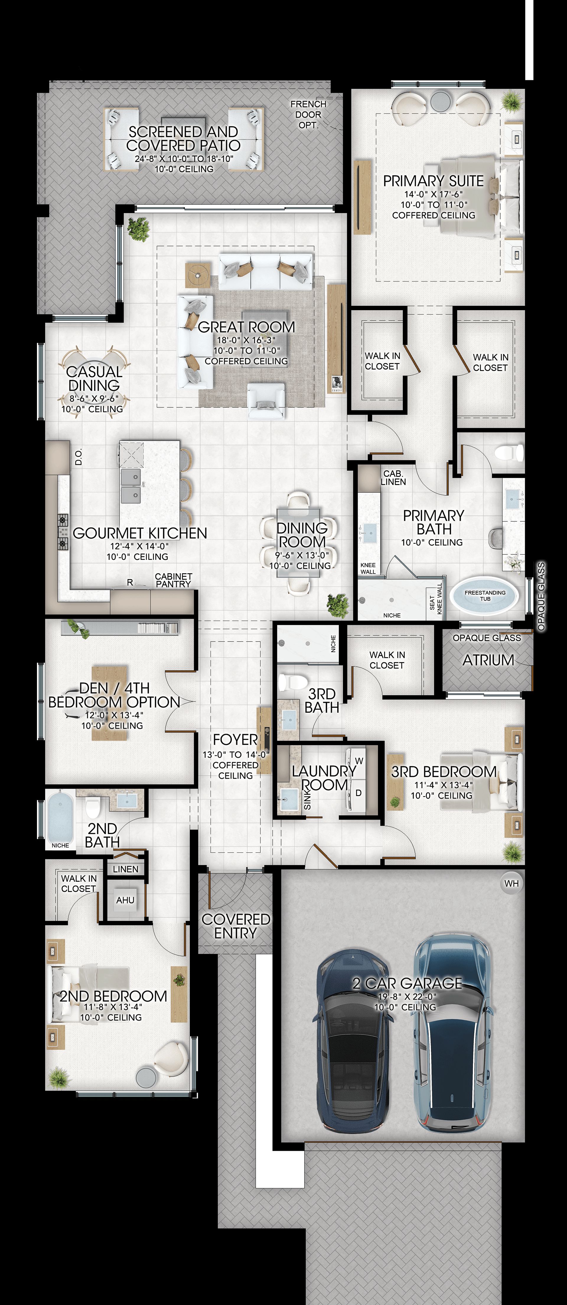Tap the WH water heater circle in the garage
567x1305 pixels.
[511, 883]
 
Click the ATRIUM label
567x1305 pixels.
[488, 660]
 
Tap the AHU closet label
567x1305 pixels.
[125, 900]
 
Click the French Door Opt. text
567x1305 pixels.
[308, 115]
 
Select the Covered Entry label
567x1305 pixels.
[236, 926]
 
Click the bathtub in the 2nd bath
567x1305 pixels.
[60, 817]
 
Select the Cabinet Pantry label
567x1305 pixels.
[173, 580]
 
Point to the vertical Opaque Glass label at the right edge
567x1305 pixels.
[541, 596]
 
